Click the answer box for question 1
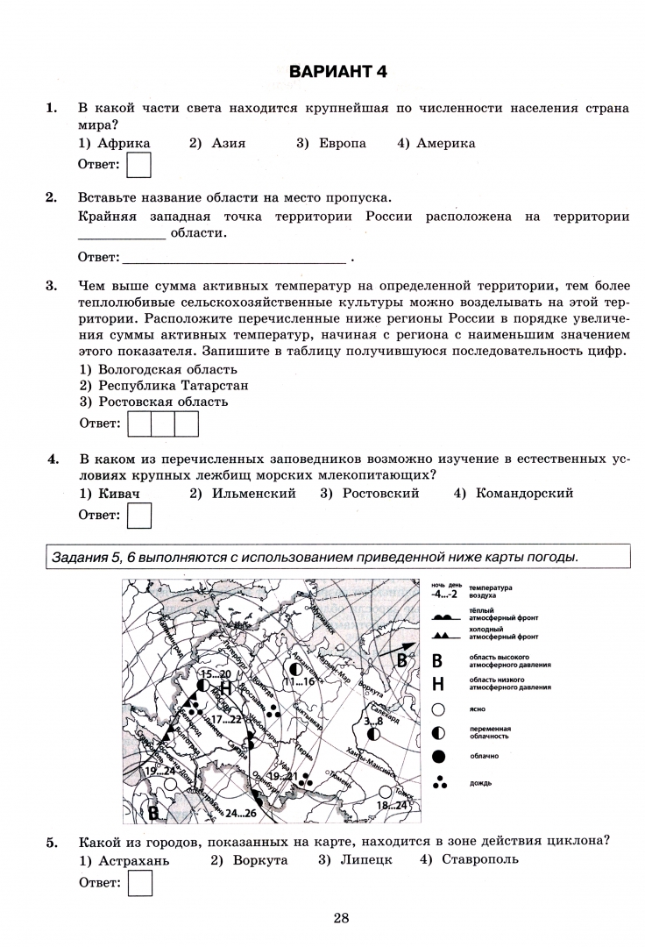[x=138, y=165]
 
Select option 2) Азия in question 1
[x=217, y=143]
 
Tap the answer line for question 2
[x=234, y=258]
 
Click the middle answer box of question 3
[x=163, y=424]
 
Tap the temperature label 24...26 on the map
[x=243, y=813]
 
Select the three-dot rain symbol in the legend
[x=439, y=782]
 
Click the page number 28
[x=342, y=918]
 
